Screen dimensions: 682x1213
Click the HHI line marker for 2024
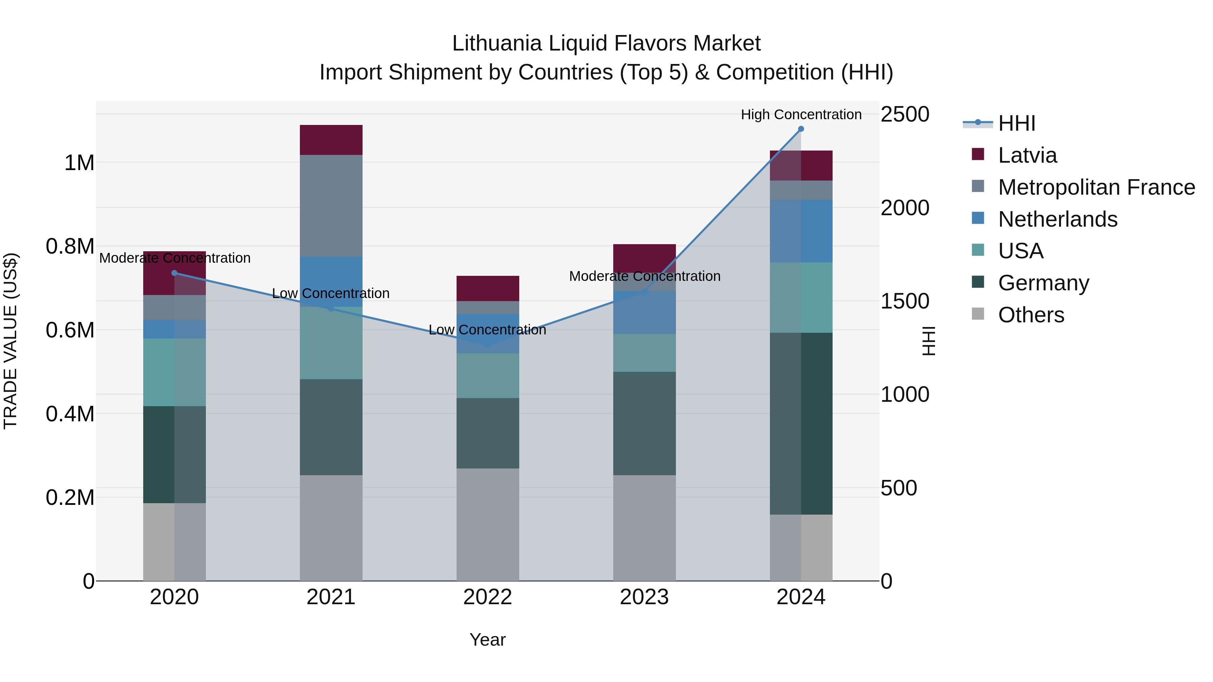(x=801, y=129)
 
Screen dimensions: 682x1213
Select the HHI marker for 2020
(x=174, y=273)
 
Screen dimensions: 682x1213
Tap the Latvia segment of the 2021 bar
(x=331, y=140)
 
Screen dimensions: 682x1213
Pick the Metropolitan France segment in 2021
(x=331, y=206)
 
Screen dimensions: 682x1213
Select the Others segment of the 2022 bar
(x=488, y=524)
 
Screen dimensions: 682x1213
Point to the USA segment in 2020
(x=174, y=372)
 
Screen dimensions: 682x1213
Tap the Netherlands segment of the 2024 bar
(x=801, y=231)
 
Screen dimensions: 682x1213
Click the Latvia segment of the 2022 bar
(x=488, y=288)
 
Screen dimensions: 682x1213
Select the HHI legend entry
(x=1016, y=123)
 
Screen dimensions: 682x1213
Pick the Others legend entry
(x=1031, y=315)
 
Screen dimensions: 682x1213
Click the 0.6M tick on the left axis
(x=70, y=330)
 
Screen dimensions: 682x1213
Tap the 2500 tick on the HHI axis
(x=905, y=115)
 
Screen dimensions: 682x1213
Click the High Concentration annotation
(x=801, y=115)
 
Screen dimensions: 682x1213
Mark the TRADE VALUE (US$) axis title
(x=11, y=341)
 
